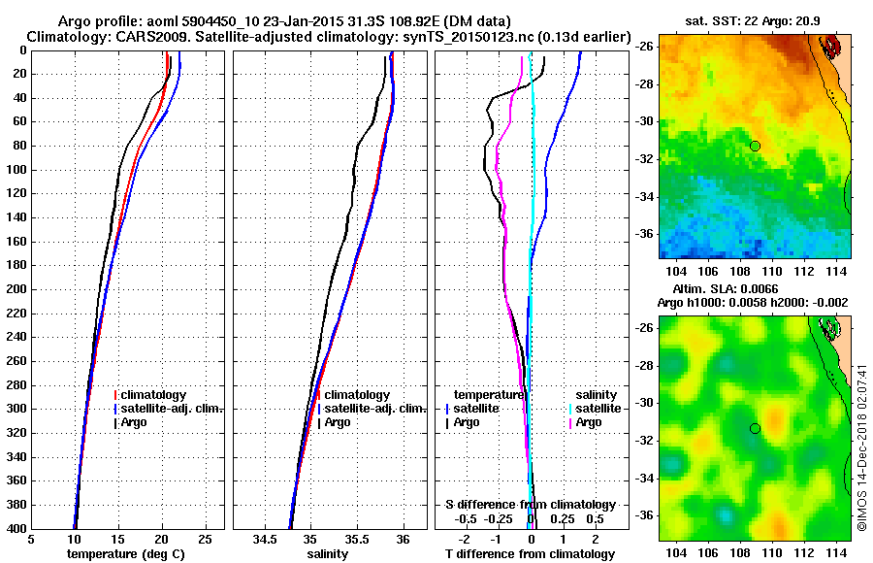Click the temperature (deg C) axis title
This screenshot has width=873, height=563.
pos(125,553)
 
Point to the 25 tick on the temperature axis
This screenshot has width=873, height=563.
pos(205,539)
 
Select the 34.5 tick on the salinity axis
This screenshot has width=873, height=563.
pos(265,539)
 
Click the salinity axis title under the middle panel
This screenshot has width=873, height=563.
pos(328,553)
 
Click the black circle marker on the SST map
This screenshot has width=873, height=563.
pos(755,146)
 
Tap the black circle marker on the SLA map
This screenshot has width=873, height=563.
pos(755,428)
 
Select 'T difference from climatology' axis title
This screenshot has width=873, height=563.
pos(530,553)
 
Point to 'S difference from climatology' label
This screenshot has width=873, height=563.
pos(530,505)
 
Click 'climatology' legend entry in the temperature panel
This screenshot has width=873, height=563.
pos(154,395)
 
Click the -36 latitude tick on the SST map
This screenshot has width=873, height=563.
pos(645,234)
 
